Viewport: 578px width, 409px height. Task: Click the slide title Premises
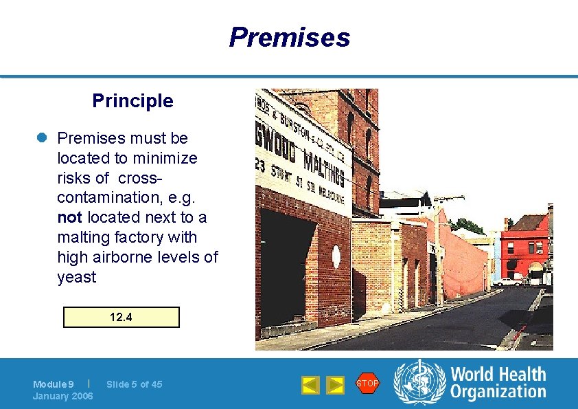point(289,37)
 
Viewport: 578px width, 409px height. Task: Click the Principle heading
point(132,101)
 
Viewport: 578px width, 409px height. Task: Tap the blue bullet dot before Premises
point(41,138)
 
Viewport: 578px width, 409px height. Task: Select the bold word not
point(69,217)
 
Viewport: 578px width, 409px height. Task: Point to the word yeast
point(77,277)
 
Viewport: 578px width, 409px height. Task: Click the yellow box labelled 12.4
point(121,317)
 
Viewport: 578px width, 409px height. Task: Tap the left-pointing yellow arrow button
point(311,385)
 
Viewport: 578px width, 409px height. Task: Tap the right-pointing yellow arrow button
point(335,385)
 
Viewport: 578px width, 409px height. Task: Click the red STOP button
point(367,384)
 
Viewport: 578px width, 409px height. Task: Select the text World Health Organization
point(498,383)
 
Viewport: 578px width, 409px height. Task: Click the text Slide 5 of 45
point(135,384)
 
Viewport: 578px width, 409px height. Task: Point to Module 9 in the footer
point(54,384)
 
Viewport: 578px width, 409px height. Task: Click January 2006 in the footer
point(63,396)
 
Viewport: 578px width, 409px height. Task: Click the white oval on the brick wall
point(336,257)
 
